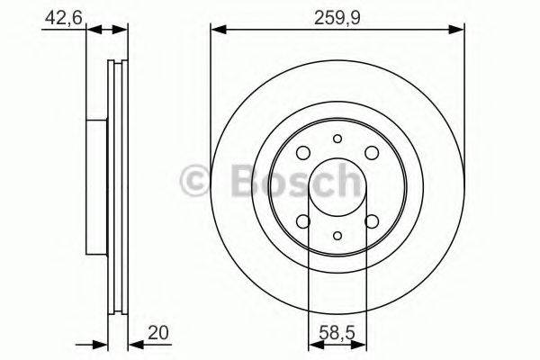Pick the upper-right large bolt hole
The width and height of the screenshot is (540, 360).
(371, 152)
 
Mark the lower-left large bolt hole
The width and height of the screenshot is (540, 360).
(304, 222)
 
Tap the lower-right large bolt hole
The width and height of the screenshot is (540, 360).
(371, 222)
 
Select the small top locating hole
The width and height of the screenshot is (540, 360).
(337, 139)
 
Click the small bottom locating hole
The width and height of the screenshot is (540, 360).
(337, 236)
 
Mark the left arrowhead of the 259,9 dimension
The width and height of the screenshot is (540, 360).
(217, 31)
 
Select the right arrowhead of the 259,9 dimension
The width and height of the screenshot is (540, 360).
(458, 31)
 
